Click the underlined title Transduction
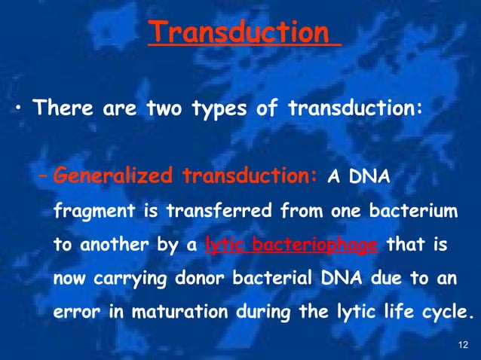239,32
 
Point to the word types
222,108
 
